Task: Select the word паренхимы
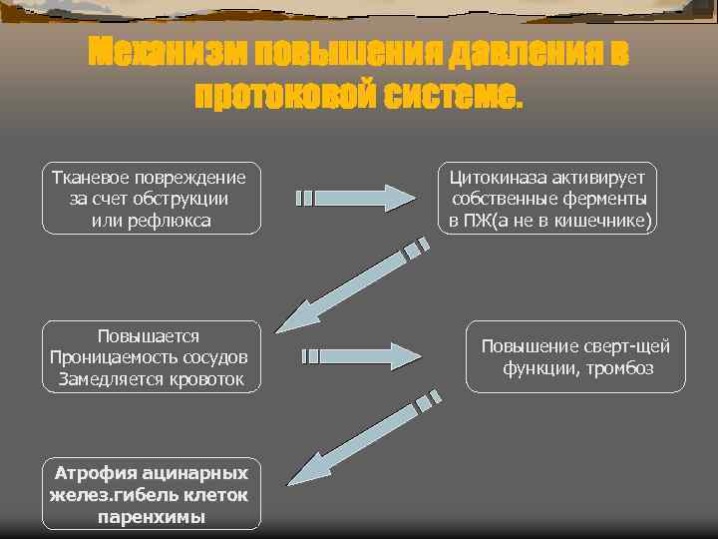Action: click(x=152, y=516)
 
